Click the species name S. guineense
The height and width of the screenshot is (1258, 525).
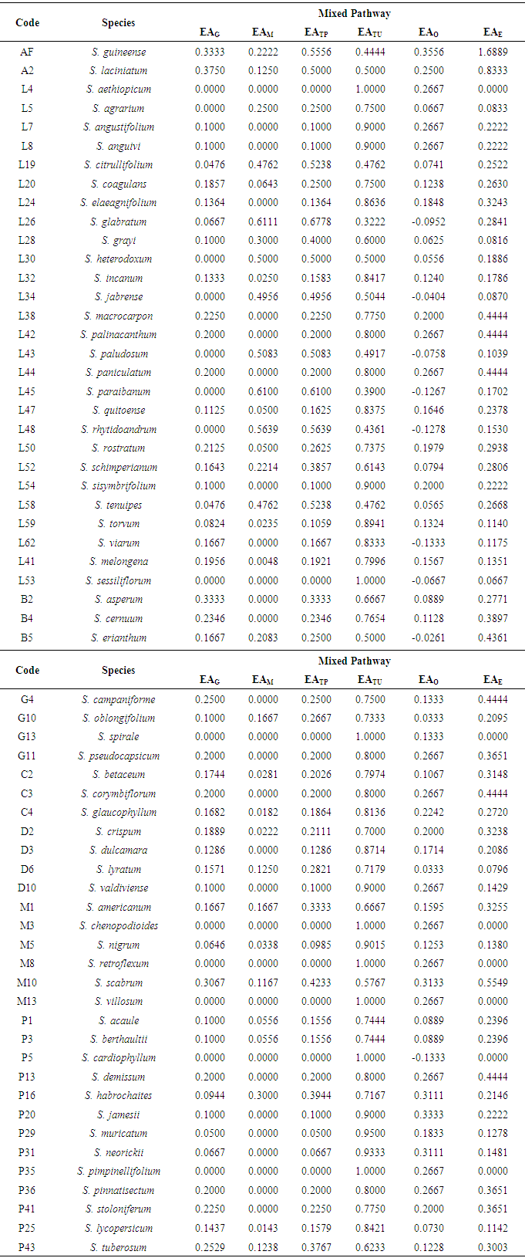118,52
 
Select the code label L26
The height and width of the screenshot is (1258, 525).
27,222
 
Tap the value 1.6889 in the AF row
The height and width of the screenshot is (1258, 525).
493,52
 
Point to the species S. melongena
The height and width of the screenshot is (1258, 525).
118,562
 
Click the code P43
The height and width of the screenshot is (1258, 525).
27,1247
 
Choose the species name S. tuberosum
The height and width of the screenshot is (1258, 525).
118,1247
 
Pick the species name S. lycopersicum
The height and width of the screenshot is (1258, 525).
118,1228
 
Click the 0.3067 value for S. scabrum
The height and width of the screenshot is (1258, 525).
210,982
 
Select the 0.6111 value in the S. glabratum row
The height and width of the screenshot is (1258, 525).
263,222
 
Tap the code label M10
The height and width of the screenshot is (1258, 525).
27,982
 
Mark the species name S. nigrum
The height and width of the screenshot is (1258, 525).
118,945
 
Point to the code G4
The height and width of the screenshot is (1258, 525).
27,699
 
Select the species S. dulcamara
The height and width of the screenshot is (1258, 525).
118,850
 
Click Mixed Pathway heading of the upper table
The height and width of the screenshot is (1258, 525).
354,13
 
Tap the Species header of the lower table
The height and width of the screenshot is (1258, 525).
118,670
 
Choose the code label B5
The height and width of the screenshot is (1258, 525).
27,637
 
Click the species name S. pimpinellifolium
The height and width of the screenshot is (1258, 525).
118,1172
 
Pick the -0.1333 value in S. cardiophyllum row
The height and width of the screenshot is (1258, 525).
429,1058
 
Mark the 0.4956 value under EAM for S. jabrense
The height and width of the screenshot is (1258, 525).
263,297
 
